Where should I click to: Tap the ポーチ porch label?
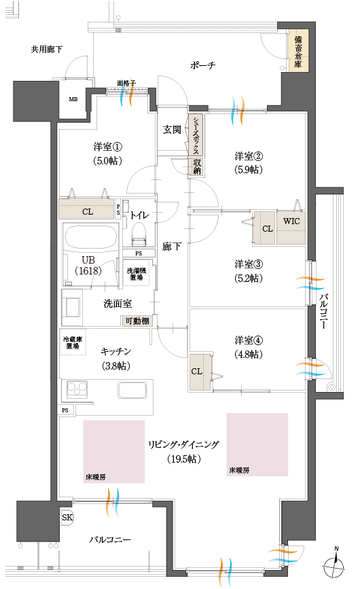coord(202,66)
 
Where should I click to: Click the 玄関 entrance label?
coord(172,130)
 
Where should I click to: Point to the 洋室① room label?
coord(107,146)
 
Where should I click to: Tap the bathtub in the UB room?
coord(90,238)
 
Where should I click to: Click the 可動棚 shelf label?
coord(137,321)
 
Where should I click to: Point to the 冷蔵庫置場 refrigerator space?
coord(71,342)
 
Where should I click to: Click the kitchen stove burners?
coord(76,391)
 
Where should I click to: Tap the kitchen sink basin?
coord(133,391)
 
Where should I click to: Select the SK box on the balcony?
coord(67,518)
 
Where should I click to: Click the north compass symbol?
coord(334,565)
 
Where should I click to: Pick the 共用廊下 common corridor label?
coord(47,49)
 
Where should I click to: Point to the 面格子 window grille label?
coord(126,83)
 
